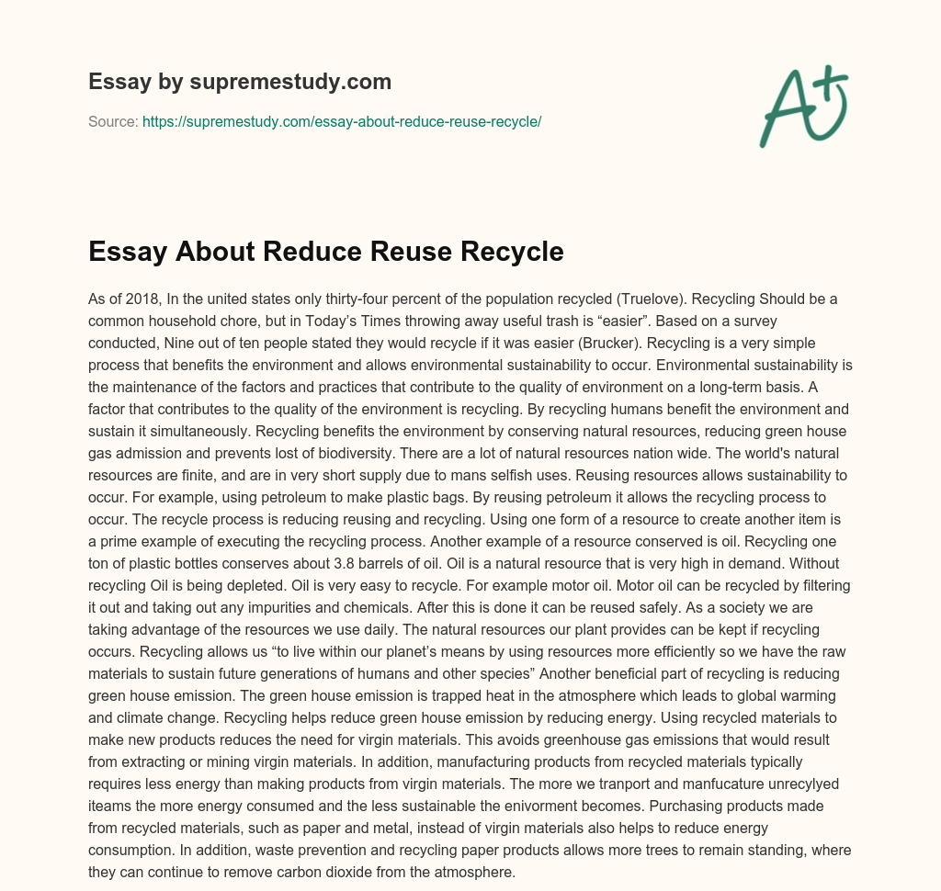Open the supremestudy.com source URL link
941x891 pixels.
click(342, 121)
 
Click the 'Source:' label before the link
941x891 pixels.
click(113, 121)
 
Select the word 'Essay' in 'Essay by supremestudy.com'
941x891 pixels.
click(119, 82)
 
